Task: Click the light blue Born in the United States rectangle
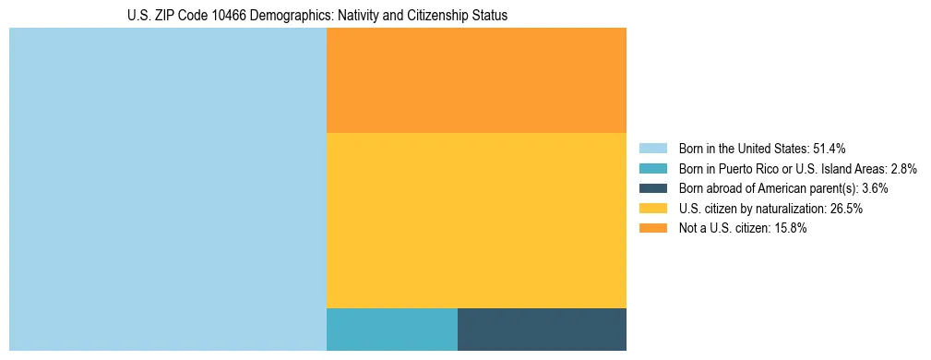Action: pos(168,189)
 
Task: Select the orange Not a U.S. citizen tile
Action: pos(476,80)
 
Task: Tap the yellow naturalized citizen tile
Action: pos(476,220)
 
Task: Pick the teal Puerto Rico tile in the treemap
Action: pos(392,330)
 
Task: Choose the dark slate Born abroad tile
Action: pos(542,330)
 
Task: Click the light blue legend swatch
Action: pos(652,148)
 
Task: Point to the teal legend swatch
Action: pos(652,168)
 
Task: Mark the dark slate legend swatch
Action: pos(652,188)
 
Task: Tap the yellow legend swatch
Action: pos(652,209)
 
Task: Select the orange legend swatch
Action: pos(652,229)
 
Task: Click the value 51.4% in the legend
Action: pos(829,148)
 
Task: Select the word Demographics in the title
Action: pos(280,16)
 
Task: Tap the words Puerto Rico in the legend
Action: pos(751,168)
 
